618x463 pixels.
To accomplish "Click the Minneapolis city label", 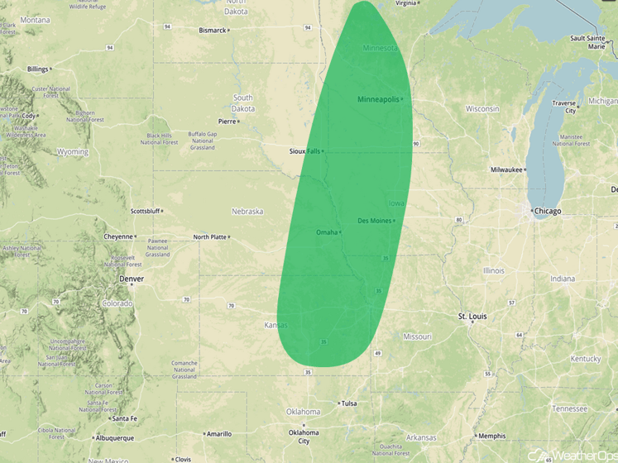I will pos(377,99).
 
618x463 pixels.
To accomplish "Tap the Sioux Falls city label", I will pos(304,151).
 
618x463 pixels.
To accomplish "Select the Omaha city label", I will pos(327,232).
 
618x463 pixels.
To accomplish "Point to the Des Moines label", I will pos(374,221).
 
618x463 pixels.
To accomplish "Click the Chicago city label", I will pos(548,211).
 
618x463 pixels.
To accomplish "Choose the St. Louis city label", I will pos(472,317).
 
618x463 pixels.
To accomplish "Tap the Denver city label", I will pos(132,279).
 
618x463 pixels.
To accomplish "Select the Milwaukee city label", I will pos(506,169).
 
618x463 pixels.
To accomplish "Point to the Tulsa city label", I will pos(348,403).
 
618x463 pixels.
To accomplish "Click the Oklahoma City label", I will pos(303,437).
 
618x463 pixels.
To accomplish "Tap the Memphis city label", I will pos(491,436).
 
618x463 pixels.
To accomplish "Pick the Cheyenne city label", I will pos(117,236).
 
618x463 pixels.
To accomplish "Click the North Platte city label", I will pos(210,237).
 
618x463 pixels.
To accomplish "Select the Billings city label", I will pos(37,69).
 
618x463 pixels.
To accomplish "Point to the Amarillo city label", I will pos(219,433).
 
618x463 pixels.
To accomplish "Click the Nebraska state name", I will pos(247,211).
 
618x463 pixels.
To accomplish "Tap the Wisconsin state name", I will pos(482,108).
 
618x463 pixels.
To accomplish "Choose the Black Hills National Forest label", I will pos(159,139).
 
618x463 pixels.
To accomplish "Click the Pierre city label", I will pos(226,121).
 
